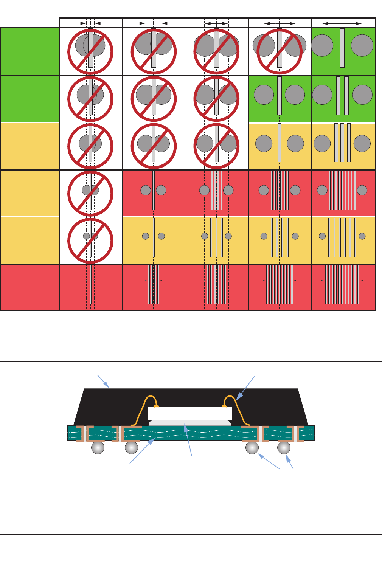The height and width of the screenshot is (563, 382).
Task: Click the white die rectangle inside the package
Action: click(190, 413)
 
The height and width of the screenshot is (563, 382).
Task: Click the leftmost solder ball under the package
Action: click(98, 448)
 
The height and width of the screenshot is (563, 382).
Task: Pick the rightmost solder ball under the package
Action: click(284, 448)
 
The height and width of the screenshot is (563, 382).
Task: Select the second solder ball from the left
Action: click(131, 448)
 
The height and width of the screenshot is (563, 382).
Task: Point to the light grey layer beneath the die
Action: click(190, 423)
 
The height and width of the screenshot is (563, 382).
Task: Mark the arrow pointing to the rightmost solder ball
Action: click(290, 463)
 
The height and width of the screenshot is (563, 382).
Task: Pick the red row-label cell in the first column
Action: click(30, 287)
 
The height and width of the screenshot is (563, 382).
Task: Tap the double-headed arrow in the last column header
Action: click(342, 23)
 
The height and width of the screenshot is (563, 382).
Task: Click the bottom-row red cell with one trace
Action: click(91, 287)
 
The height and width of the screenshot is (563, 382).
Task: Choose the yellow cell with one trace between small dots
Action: click(154, 240)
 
